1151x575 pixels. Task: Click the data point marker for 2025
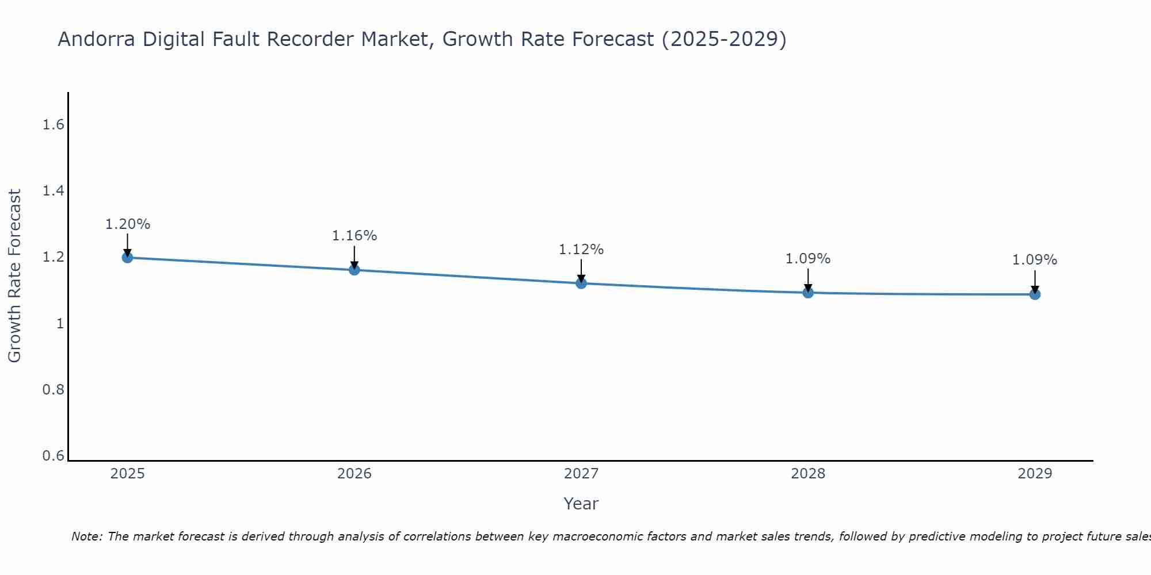point(127,258)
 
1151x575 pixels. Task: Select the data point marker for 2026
point(355,270)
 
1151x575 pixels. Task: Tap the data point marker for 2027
point(581,283)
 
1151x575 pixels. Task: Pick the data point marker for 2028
point(808,293)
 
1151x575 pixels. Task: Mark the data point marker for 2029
point(1035,294)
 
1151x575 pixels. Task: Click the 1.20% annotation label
point(127,224)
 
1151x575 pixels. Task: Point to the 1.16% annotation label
point(355,236)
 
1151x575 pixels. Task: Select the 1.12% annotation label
point(581,250)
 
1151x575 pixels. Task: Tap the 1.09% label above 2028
point(808,259)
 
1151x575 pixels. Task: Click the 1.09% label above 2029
point(1035,260)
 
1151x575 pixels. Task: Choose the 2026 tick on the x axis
point(355,474)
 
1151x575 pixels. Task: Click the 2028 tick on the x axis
point(808,474)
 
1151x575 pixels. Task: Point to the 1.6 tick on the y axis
point(53,125)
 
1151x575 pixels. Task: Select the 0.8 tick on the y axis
point(53,390)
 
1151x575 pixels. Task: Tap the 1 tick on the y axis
point(59,324)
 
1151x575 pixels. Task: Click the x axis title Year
point(581,504)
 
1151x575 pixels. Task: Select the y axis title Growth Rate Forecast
point(15,276)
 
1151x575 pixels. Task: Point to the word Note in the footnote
point(86,536)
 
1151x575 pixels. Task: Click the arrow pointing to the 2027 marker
point(581,270)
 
